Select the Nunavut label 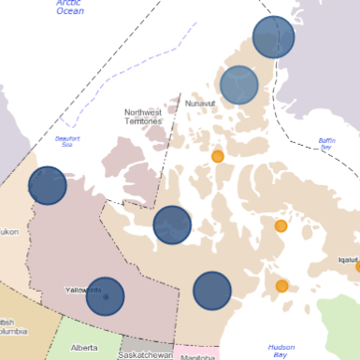pyautogui.click(x=200, y=103)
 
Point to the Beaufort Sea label pyautogui.click(x=69, y=141)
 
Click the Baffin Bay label pyautogui.click(x=325, y=143)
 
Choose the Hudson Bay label pyautogui.click(x=281, y=350)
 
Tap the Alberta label pyautogui.click(x=83, y=348)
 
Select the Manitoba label pyautogui.click(x=197, y=356)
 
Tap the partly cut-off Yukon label pyautogui.click(x=8, y=231)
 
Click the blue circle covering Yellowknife pyautogui.click(x=106, y=297)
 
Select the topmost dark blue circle pyautogui.click(x=273, y=37)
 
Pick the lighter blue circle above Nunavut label pyautogui.click(x=239, y=85)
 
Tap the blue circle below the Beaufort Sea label pyautogui.click(x=48, y=185)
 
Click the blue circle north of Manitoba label pyautogui.click(x=212, y=291)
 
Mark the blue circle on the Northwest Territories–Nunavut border pyautogui.click(x=172, y=224)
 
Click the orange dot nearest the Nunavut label pyautogui.click(x=218, y=156)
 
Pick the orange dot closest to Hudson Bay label pyautogui.click(x=281, y=286)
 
